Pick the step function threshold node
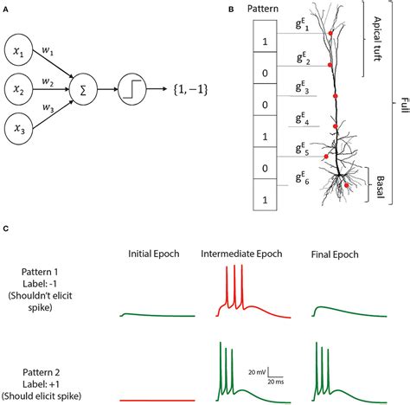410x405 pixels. [131, 87]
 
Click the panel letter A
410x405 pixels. [8, 8]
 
